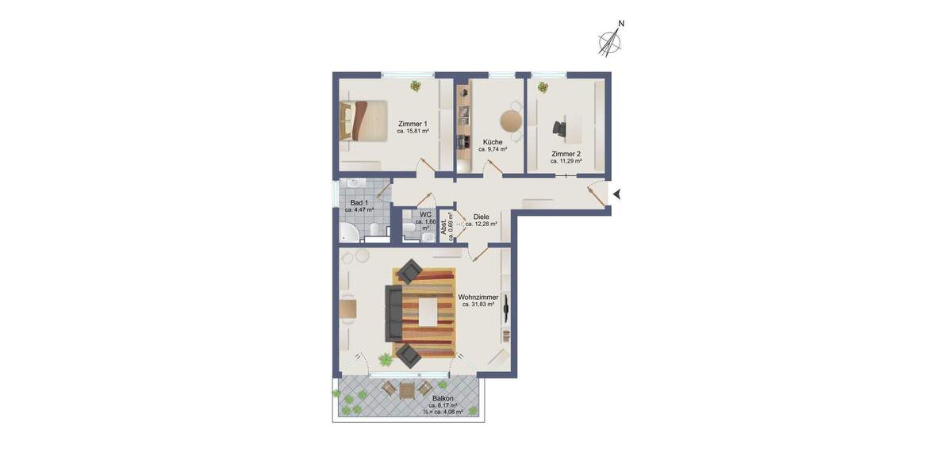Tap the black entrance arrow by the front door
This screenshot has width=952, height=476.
point(619,194)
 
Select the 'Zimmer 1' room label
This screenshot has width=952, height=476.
point(413,124)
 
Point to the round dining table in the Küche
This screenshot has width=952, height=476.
point(510,120)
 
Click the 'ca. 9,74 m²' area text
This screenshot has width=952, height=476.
point(493,148)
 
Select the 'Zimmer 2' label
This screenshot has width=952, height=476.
point(566,153)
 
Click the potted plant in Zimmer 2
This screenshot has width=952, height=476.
point(543,86)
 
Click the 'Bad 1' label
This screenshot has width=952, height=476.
point(360,203)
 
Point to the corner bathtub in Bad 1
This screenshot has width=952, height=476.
point(350,232)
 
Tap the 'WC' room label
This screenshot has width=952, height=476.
point(425,214)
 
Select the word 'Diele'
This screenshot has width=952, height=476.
point(481,216)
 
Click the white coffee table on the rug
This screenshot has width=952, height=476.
point(428,310)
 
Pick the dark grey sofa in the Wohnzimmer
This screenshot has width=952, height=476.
point(393,312)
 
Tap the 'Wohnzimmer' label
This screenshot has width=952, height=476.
point(478,297)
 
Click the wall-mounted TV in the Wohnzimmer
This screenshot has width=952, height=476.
point(505,310)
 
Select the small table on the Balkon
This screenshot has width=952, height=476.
point(407,390)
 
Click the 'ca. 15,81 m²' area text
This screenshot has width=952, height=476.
point(413,132)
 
